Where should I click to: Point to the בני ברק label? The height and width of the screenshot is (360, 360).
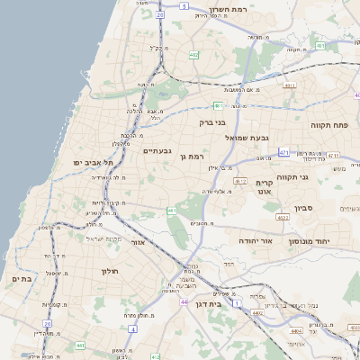tap(213, 121)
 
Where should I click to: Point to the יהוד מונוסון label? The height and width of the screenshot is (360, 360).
tap(310, 242)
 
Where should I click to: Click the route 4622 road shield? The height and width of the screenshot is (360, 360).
tap(283, 217)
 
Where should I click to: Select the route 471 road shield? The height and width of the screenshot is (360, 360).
tap(284, 153)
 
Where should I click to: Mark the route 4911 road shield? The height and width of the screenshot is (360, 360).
tap(289, 85)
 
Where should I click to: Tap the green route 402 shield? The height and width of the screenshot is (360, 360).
tap(193, 55)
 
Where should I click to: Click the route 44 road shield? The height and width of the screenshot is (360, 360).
tap(184, 301)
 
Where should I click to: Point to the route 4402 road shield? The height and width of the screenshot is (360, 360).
tap(258, 312)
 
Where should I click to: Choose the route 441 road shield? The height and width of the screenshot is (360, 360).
tap(80, 345)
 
